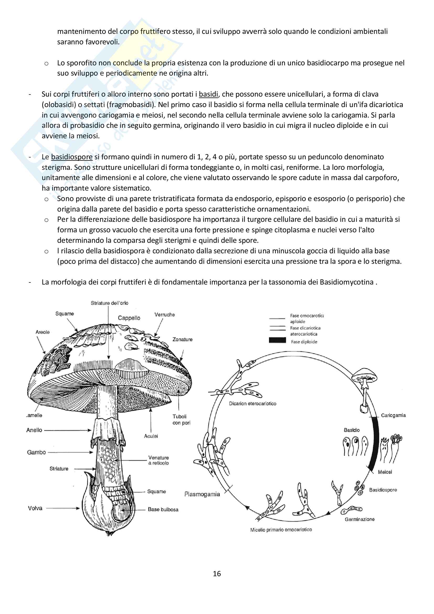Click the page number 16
coord(217,573)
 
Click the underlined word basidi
coord(208,94)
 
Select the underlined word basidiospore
coord(72,157)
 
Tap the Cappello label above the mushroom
coord(129,318)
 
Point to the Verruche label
coord(164,314)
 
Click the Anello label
coord(34,430)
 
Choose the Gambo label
coord(36,452)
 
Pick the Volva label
coord(35,508)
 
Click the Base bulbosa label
coord(163,510)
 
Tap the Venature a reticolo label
coord(158,460)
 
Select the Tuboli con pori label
coord(181,419)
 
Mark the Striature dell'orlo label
coord(109,303)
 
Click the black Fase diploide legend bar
coord(277,340)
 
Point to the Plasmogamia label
coord(202,494)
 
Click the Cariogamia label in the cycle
coord(393,415)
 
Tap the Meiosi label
coord(385,472)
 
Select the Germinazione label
coord(359,519)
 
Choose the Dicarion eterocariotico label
coord(252,403)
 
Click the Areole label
coord(43,332)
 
